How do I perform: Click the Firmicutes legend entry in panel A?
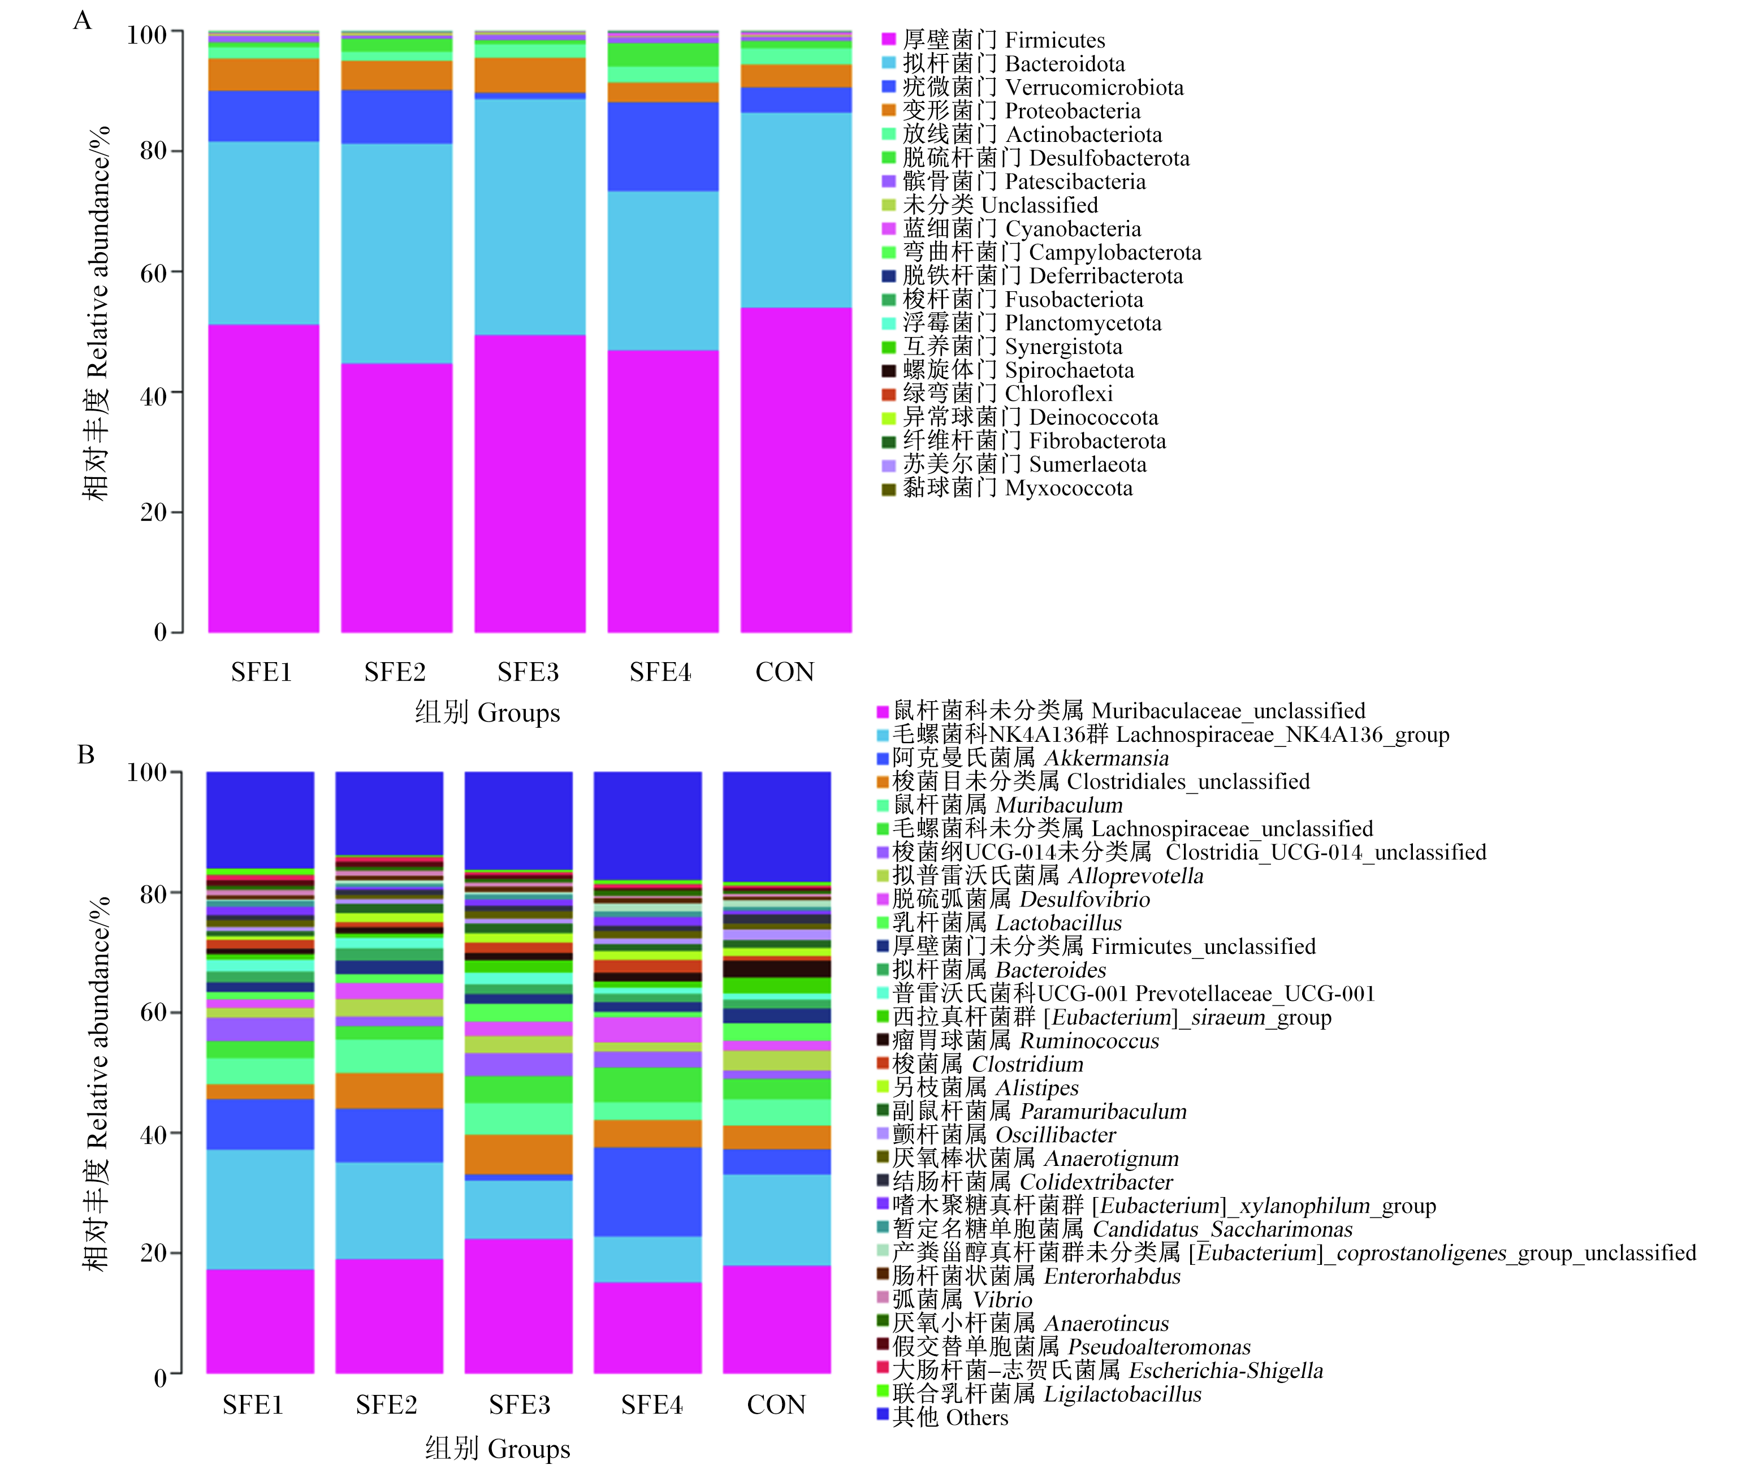pos(993,40)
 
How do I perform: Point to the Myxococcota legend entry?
pos(1006,488)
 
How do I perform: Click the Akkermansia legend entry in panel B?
pos(1022,758)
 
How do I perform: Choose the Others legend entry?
pos(941,1418)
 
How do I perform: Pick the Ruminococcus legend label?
pos(1017,1040)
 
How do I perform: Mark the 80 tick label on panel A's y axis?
pos(153,151)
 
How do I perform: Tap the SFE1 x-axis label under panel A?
pos(261,672)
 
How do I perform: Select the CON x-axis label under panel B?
pos(776,1405)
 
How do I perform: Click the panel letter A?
pos(83,20)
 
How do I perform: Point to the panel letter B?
pos(86,754)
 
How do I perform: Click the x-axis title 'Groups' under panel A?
pos(518,713)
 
